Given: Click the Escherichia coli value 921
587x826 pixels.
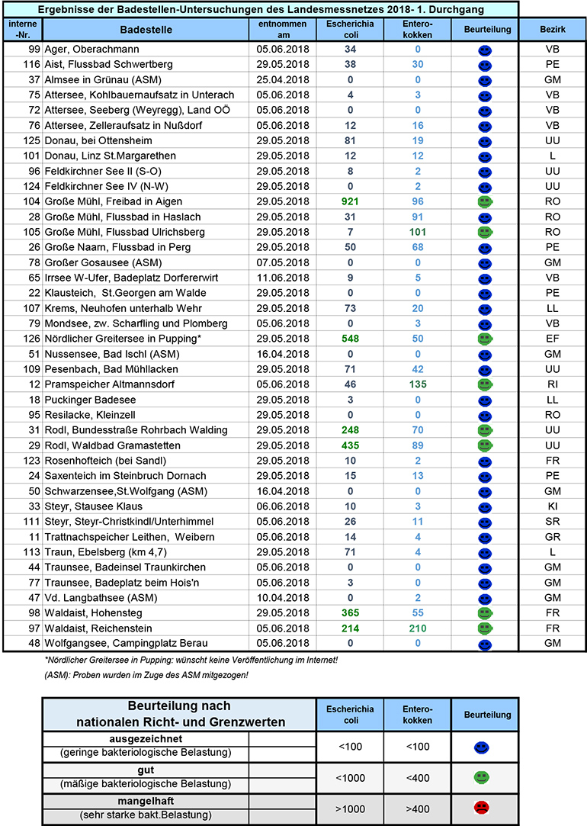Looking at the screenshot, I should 351,201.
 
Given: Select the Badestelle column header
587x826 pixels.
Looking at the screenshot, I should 146,30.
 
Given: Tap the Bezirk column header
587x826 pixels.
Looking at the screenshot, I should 552,30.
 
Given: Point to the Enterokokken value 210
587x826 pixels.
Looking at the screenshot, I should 417,628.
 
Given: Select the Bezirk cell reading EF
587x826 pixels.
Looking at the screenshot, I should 552,339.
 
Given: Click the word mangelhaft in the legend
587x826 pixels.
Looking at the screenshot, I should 146,800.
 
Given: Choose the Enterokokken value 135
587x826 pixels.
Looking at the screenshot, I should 417,384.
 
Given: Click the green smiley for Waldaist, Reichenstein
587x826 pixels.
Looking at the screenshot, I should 482,629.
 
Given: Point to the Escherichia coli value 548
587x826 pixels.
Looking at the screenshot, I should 351,339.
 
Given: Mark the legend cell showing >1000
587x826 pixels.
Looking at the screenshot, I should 351,808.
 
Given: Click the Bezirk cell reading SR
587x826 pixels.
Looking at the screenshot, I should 552,522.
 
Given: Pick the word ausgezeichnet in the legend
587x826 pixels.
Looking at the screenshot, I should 146,739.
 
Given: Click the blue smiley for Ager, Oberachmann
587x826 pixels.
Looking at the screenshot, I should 482,50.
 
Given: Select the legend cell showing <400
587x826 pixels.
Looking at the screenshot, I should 417,777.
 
